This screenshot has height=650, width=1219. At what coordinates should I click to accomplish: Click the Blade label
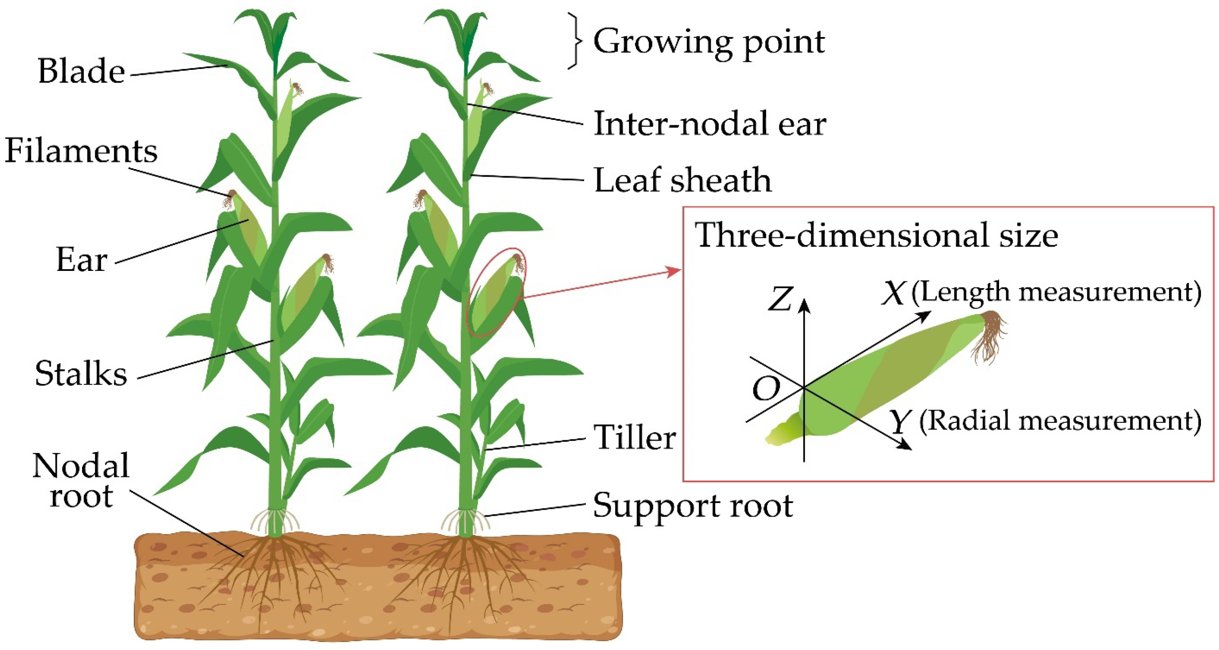(x=81, y=72)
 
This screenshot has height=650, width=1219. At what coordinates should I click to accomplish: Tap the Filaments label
(x=81, y=151)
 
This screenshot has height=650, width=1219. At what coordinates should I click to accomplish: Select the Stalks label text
(x=81, y=374)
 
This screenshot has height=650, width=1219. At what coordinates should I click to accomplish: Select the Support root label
(x=693, y=506)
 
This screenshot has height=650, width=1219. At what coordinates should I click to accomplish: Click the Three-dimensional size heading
(x=876, y=235)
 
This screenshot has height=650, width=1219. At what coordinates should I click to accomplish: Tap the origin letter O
(x=766, y=389)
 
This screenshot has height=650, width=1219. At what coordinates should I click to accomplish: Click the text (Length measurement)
(x=1056, y=292)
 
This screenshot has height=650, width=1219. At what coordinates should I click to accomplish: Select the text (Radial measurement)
(x=1059, y=421)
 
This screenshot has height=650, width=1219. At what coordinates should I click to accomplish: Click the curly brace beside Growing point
(x=575, y=41)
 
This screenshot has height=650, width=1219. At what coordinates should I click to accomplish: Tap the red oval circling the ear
(x=495, y=292)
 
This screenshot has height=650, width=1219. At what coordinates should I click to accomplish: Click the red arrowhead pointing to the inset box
(x=675, y=271)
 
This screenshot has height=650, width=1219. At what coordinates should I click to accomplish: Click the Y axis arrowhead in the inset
(x=906, y=445)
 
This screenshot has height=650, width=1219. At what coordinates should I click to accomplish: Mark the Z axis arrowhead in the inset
(x=804, y=305)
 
